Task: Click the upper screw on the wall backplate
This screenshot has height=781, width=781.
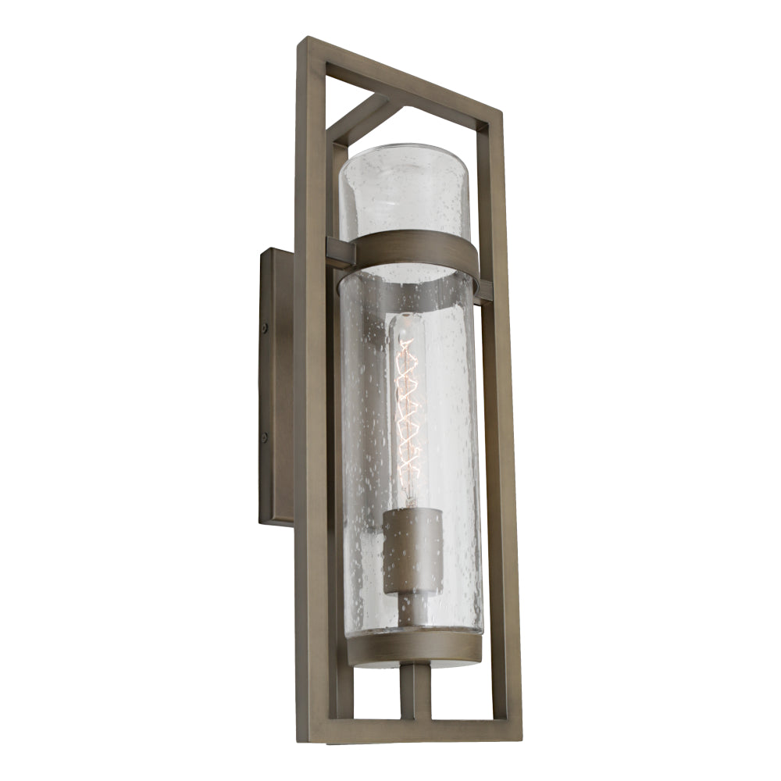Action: point(266,329)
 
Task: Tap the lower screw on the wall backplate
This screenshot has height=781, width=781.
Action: point(266,437)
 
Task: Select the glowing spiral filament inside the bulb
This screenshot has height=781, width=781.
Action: point(408,414)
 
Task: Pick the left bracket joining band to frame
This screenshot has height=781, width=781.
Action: point(341,251)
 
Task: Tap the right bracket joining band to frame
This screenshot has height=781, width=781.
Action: point(483,291)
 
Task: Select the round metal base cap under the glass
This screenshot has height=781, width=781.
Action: point(414,648)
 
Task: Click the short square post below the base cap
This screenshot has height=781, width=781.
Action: point(415,692)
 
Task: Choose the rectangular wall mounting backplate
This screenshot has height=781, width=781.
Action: point(276,387)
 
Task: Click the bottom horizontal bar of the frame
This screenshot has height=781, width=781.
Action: point(410,732)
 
